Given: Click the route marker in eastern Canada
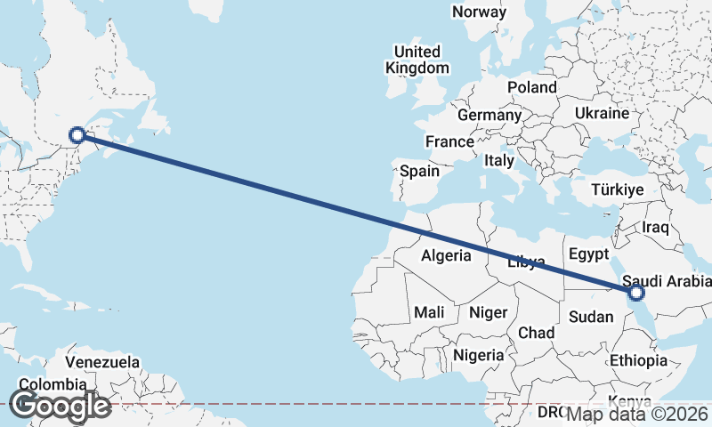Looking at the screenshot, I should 77,135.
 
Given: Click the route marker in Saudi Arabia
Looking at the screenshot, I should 635,292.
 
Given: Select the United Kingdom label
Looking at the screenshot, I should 417,60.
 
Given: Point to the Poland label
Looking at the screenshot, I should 531,87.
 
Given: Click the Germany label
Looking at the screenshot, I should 489,116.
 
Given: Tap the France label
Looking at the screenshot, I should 449,142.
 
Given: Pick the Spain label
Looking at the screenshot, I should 420,171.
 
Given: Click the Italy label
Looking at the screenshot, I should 499,161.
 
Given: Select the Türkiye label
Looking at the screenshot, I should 619,190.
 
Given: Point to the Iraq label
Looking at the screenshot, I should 654,228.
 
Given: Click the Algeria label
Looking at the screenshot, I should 446,255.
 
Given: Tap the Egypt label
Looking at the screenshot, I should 587,253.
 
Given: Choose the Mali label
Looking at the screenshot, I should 429,312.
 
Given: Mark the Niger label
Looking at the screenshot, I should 488,312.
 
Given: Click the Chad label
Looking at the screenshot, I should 536,333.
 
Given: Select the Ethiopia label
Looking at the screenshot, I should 638,360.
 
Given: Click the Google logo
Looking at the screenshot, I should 60,406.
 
